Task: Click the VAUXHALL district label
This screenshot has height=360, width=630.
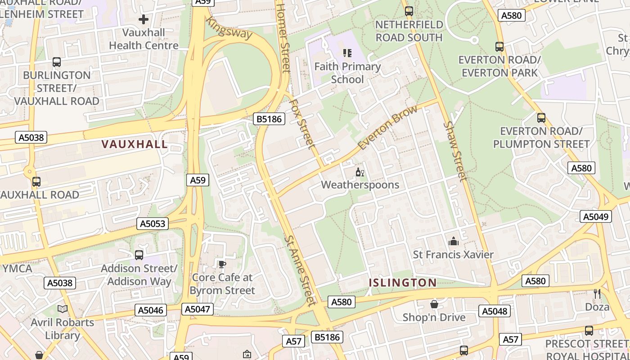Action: [x=135, y=144]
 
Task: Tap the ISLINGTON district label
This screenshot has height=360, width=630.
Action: [x=402, y=283]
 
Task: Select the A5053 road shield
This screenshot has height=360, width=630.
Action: [x=153, y=224]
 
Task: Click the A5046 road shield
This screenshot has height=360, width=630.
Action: [x=151, y=310]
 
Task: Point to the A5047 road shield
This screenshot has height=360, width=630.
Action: [x=198, y=309]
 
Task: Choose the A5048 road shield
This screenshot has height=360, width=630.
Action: [x=494, y=311]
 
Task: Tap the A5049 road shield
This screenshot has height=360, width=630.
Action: [x=596, y=216]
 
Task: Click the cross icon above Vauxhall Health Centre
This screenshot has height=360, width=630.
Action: [x=144, y=19]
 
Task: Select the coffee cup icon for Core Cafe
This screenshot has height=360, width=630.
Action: [x=222, y=264]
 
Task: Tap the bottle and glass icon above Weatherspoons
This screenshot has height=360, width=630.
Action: [x=360, y=172]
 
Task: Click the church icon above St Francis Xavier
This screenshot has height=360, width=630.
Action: [x=454, y=242]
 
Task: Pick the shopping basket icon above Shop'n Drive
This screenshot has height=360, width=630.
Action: [x=434, y=305]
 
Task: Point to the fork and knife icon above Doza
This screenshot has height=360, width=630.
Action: [x=597, y=294]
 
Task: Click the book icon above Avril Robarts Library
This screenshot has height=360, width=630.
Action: [x=63, y=309]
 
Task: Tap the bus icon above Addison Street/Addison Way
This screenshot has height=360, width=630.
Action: [x=139, y=255]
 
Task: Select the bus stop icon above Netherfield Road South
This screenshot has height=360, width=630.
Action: [x=409, y=11]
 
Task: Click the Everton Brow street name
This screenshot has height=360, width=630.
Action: [x=387, y=128]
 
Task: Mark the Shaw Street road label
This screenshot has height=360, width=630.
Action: [x=455, y=151]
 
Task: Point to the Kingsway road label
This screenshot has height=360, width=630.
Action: [x=229, y=27]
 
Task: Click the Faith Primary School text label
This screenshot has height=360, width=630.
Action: [x=347, y=73]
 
